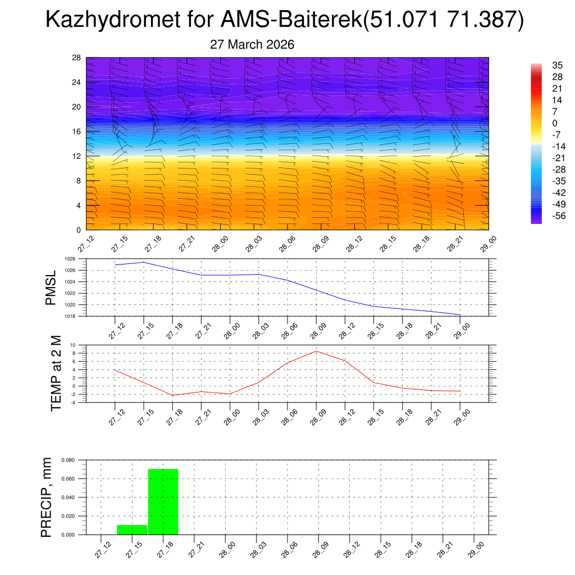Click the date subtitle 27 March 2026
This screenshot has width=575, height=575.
(x=252, y=45)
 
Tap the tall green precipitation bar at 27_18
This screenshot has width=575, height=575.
(x=163, y=501)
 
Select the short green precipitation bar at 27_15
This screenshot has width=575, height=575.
(x=132, y=530)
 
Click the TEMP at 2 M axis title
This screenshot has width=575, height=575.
(x=56, y=372)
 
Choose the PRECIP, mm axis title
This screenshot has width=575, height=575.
(x=47, y=497)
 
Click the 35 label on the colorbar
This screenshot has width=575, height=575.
(x=542, y=65)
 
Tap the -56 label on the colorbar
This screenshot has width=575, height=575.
(x=543, y=216)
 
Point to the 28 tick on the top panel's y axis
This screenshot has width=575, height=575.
(x=77, y=58)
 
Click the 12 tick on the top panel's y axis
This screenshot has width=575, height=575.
(x=77, y=156)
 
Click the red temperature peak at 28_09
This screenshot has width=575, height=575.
(x=316, y=351)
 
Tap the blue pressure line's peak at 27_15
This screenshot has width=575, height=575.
(x=144, y=262)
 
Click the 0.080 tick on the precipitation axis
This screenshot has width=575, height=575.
(x=68, y=460)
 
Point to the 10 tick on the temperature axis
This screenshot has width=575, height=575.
(x=73, y=345)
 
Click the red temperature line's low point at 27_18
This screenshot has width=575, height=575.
(x=172, y=395)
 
